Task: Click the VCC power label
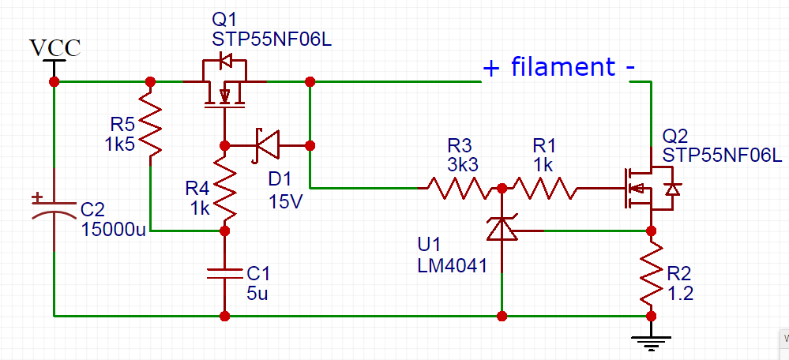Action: point(54,48)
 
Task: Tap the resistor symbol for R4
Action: point(224,189)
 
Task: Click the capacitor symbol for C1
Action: point(224,273)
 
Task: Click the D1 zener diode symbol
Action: point(267,145)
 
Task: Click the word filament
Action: point(562,67)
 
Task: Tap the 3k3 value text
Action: point(460,165)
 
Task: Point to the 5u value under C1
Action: point(257,294)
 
